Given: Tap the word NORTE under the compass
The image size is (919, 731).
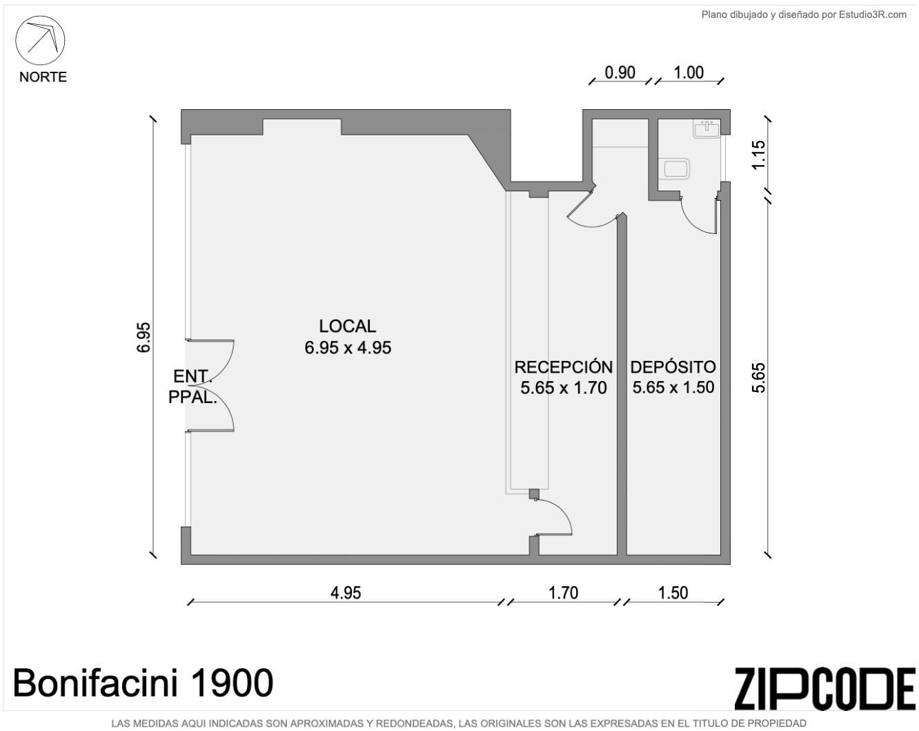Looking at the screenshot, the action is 43,77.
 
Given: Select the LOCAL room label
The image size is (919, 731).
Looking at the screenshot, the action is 347,326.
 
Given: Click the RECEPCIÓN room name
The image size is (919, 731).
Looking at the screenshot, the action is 563,367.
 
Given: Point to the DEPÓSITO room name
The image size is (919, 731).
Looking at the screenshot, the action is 673,367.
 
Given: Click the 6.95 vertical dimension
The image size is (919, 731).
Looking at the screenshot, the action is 144,338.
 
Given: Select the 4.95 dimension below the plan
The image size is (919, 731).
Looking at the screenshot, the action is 346,593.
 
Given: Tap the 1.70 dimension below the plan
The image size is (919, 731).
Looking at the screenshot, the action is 563,593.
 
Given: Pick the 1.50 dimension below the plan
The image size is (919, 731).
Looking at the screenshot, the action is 673,593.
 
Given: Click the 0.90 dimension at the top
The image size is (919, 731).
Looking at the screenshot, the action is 620,72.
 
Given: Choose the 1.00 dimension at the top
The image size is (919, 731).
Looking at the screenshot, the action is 689,72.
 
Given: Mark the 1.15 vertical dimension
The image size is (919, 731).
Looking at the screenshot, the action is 759,155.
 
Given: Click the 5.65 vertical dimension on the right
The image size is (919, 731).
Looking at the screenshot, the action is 759,378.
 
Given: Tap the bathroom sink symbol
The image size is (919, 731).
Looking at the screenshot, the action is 706,128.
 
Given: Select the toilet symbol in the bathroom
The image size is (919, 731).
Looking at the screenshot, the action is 674,168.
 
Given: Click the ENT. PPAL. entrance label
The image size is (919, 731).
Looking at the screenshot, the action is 192,387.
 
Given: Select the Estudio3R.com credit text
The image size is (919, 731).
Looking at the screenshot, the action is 873,15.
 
